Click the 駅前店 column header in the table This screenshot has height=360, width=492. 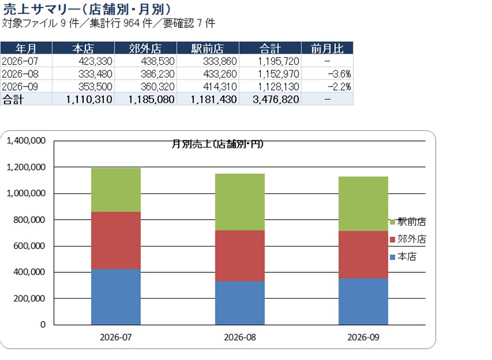point(208,48)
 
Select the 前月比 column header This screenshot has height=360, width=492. point(327,48)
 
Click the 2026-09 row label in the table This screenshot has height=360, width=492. point(20,87)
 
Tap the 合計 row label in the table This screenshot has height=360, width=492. point(13,99)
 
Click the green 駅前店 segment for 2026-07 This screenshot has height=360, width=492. point(116,190)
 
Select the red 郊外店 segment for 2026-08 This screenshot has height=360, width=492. point(240,256)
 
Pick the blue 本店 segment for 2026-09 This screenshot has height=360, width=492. point(363,302)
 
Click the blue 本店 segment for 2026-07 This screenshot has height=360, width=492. point(116,297)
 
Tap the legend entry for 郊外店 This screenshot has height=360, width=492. point(408,240)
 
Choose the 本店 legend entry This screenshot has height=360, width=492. point(403,257)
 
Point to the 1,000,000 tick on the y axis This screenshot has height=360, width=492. point(26,193)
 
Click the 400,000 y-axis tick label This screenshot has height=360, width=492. point(29,272)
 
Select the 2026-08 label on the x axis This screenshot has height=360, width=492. point(240,337)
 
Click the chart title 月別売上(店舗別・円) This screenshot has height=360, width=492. point(218,144)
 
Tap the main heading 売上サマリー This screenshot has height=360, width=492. point(42,9)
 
